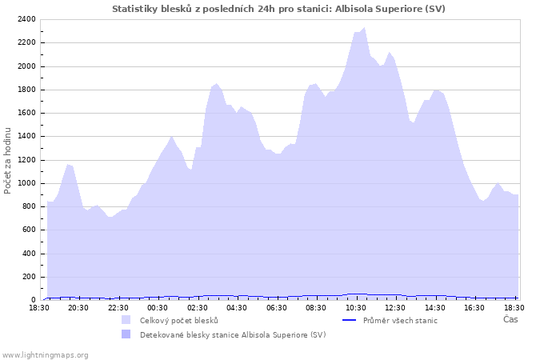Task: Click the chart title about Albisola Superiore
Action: (278, 9)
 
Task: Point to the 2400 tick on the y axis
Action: (26, 19)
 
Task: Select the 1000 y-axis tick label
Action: (26, 183)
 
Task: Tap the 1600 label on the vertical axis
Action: (26, 113)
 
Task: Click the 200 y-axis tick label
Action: (29, 277)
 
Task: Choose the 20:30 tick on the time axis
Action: (78, 307)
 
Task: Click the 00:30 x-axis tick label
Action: (158, 307)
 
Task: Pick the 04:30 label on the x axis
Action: (237, 307)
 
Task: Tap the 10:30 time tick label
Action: (356, 307)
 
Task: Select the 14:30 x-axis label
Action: (435, 307)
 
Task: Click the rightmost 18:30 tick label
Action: (514, 307)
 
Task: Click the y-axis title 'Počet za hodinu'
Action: (9, 160)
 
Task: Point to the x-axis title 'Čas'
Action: (510, 320)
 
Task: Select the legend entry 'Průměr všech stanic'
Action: (400, 320)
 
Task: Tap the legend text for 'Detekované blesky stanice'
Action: (233, 334)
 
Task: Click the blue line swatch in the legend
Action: (349, 320)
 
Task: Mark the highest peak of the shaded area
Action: (365, 28)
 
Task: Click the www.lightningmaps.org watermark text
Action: (45, 354)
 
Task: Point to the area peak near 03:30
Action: (216, 83)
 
